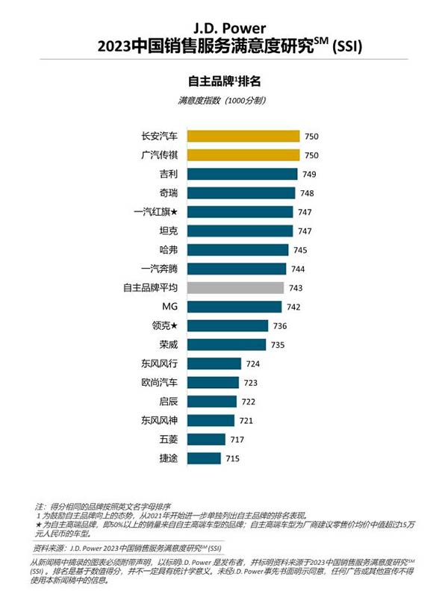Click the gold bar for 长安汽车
(x=243, y=136)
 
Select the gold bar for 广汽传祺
(x=243, y=155)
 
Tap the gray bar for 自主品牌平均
(x=235, y=287)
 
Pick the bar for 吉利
(x=242, y=174)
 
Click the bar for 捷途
(x=204, y=458)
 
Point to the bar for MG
(x=234, y=307)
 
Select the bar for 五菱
(x=206, y=440)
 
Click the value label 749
(x=310, y=174)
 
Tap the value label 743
(x=296, y=287)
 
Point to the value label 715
(x=232, y=458)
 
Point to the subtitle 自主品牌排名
(x=223, y=80)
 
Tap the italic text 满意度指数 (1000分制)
(x=223, y=100)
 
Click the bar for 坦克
(x=240, y=231)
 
